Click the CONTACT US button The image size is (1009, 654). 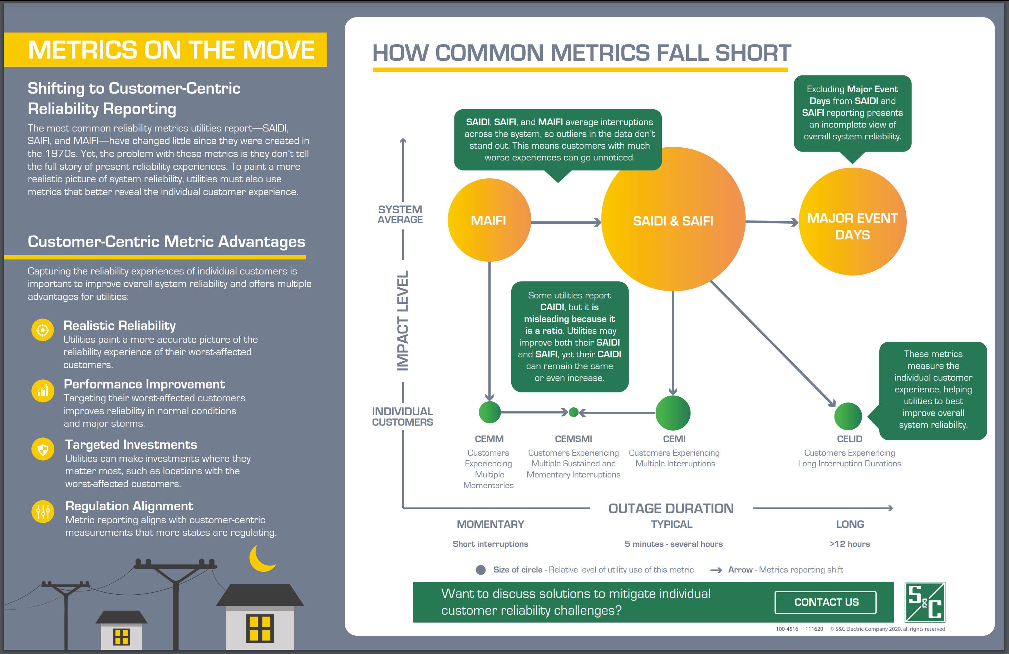pyautogui.click(x=826, y=602)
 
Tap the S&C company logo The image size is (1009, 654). pyautogui.click(x=925, y=602)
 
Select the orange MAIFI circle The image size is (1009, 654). pyautogui.click(x=489, y=220)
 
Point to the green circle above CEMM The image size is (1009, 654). pyautogui.click(x=490, y=412)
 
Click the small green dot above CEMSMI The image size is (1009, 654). pyautogui.click(x=574, y=412)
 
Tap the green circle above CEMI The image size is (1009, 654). pyautogui.click(x=673, y=413)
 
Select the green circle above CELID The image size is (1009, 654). pyautogui.click(x=848, y=416)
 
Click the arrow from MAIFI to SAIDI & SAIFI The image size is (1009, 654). pyautogui.click(x=566, y=222)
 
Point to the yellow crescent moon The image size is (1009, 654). pyautogui.click(x=261, y=559)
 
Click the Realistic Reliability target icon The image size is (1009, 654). pyautogui.click(x=43, y=330)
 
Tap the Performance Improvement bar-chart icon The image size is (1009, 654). pyautogui.click(x=43, y=390)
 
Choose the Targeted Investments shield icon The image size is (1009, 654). pyautogui.click(x=43, y=449)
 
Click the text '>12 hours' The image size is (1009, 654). pyautogui.click(x=850, y=544)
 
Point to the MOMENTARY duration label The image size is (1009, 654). pyautogui.click(x=491, y=524)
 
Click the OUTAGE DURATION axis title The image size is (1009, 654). pyautogui.click(x=671, y=508)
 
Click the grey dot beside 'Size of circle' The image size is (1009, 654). pyautogui.click(x=481, y=570)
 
